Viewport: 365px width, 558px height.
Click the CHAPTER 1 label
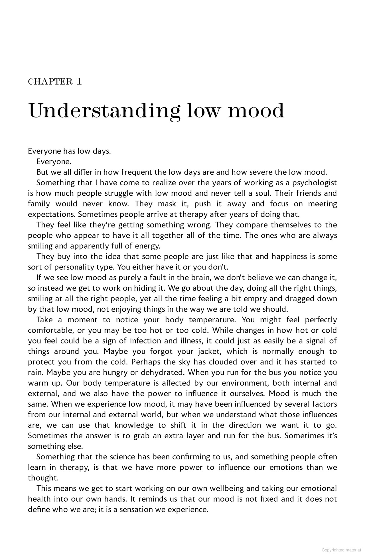pos(55,82)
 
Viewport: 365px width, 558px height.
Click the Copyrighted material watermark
pos(341,550)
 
